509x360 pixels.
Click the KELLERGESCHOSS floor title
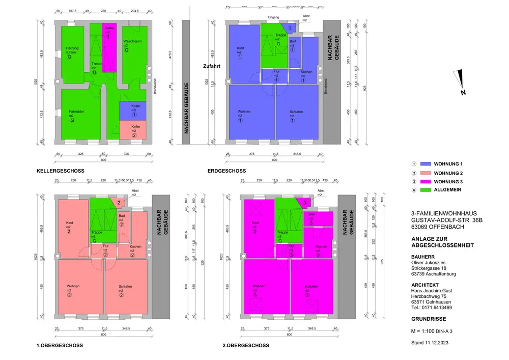(x=60, y=171)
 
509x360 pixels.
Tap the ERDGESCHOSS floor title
(x=227, y=171)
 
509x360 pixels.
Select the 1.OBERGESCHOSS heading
(x=60, y=345)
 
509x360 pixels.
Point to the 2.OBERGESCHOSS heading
(x=246, y=345)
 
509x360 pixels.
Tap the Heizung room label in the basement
(x=72, y=48)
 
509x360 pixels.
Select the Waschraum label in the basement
(x=132, y=41)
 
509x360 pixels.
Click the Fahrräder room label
(x=76, y=111)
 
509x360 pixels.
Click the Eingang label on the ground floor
(x=273, y=17)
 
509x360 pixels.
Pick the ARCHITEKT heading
(x=425, y=285)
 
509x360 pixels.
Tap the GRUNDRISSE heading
(x=429, y=319)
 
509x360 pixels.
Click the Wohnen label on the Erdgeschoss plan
(x=244, y=111)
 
